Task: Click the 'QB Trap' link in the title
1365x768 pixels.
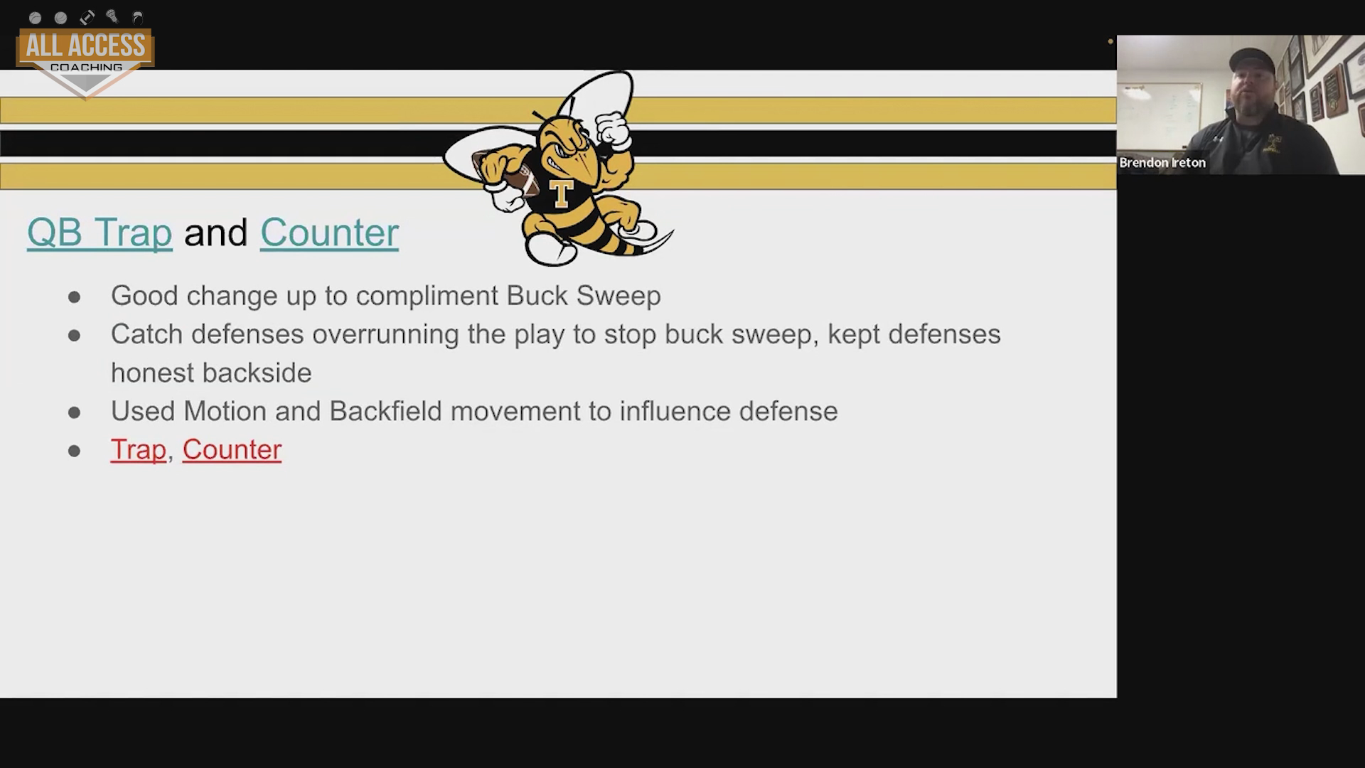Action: click(100, 233)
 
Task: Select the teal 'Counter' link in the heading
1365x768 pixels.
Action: click(329, 233)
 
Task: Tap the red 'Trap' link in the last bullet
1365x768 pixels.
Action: click(138, 449)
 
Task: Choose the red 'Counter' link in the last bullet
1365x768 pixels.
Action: click(232, 449)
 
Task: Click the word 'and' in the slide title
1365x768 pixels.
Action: click(215, 233)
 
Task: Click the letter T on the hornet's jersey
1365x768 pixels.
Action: click(562, 193)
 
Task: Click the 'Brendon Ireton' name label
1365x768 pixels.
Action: click(1162, 163)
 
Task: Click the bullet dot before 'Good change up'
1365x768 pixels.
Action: click(74, 297)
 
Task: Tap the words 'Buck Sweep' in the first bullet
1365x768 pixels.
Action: click(584, 296)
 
